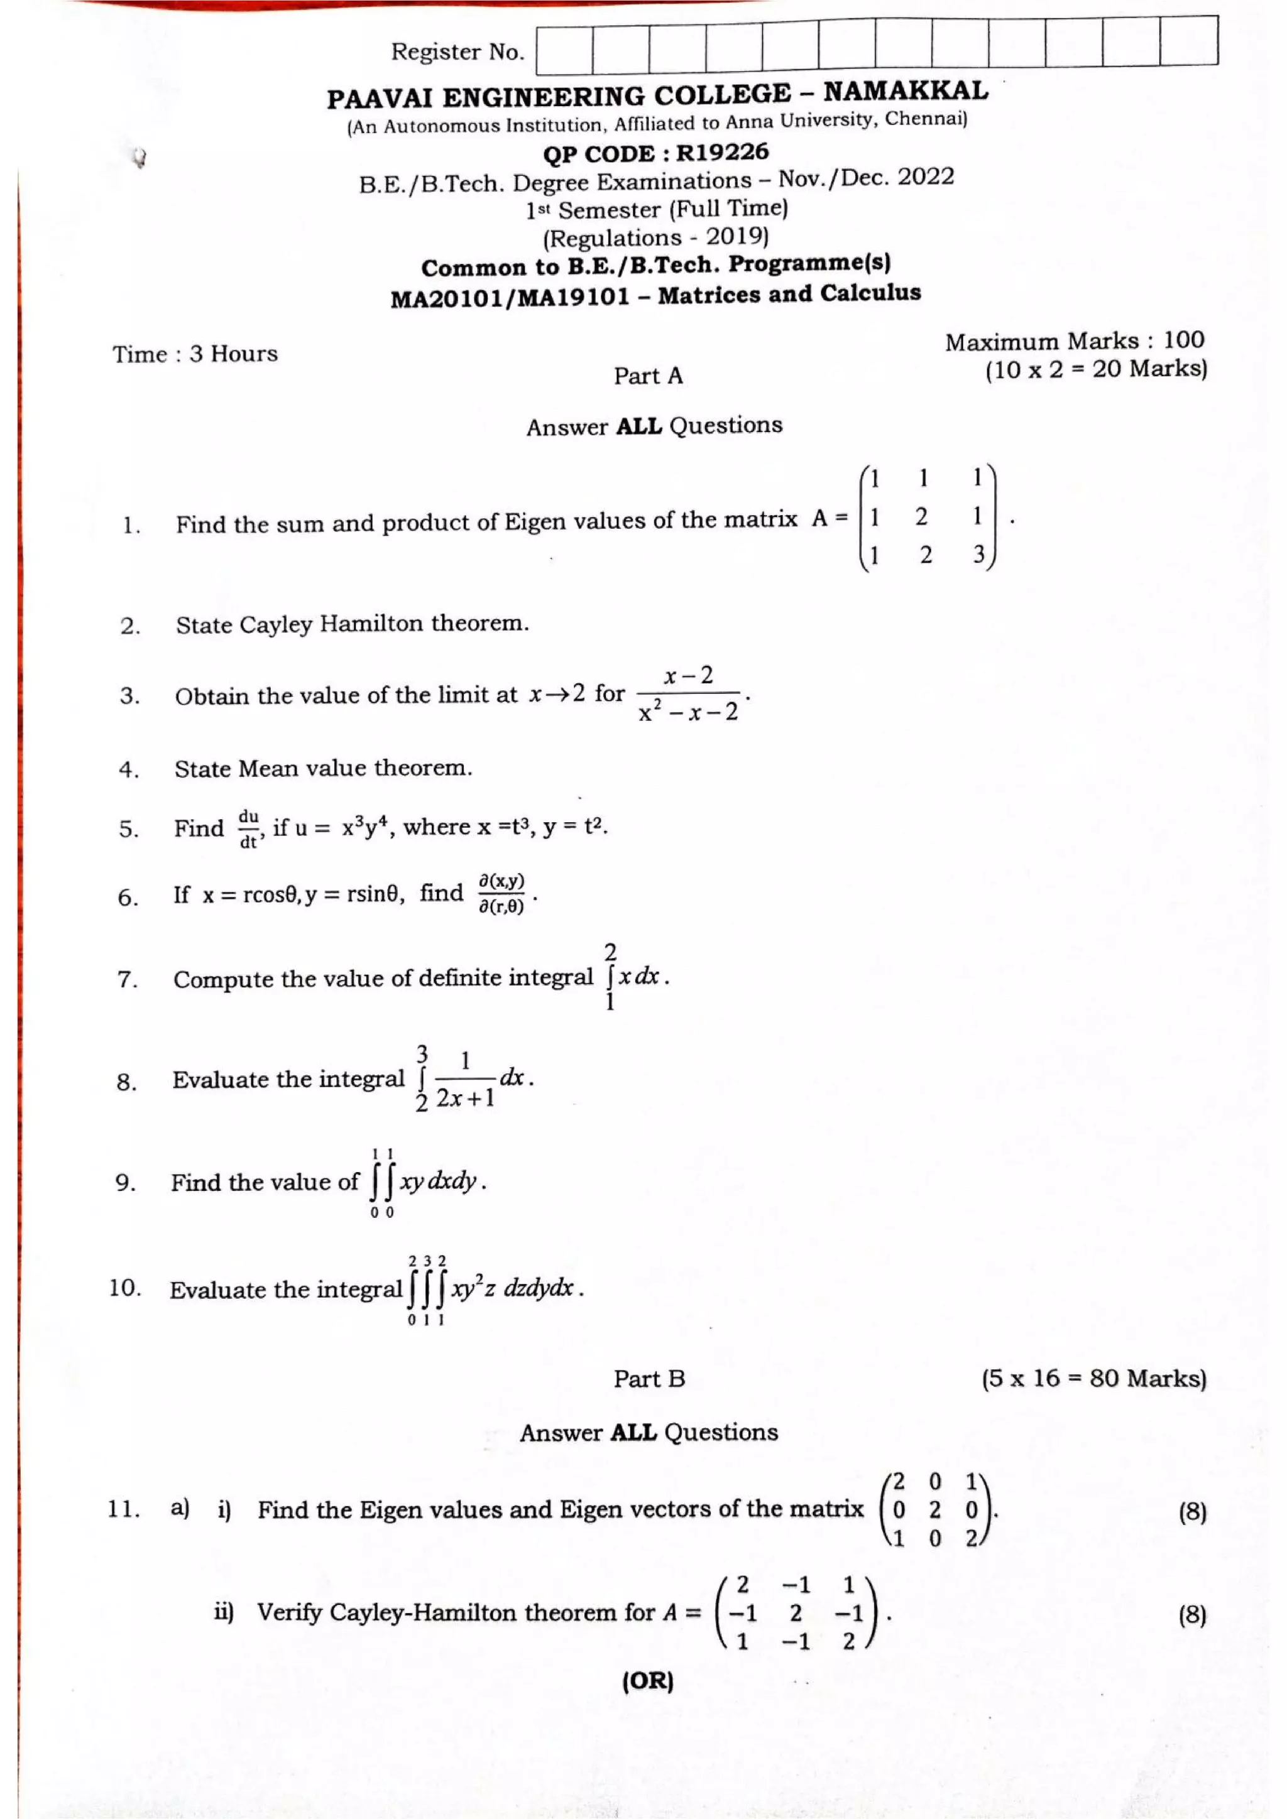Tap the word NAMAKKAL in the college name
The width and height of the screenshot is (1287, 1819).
coord(905,91)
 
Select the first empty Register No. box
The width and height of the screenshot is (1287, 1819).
coord(564,49)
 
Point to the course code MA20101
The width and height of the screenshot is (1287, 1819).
coord(447,299)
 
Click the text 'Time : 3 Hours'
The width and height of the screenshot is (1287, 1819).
coord(195,354)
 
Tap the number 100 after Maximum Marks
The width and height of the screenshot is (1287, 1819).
coord(1183,340)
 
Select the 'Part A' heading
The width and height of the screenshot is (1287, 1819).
coord(647,376)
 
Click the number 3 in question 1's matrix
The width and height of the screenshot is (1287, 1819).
coord(978,554)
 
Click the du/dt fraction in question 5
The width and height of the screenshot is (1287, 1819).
coord(249,828)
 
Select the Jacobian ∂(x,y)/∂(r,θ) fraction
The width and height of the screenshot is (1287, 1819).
coord(501,893)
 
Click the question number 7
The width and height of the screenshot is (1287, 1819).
coord(128,980)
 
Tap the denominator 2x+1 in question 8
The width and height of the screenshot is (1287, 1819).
coord(465,1097)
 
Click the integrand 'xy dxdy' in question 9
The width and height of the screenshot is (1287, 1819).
coord(437,1181)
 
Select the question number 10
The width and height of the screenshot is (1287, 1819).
coord(124,1288)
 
